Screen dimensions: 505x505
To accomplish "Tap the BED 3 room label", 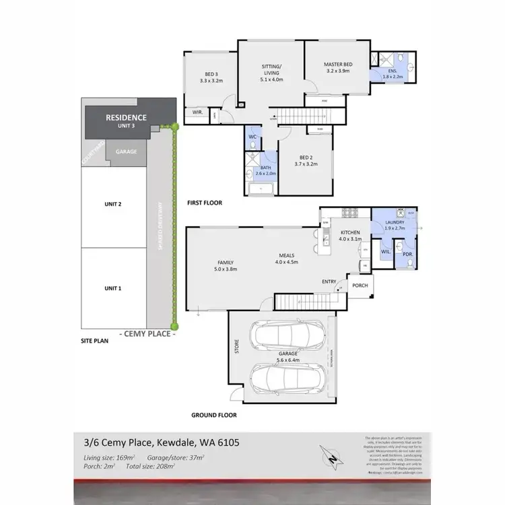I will click(x=211, y=75).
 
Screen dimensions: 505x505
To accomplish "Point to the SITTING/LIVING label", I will click(x=273, y=71).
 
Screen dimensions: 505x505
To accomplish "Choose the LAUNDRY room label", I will click(x=394, y=223).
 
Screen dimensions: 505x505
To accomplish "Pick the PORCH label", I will click(x=360, y=283).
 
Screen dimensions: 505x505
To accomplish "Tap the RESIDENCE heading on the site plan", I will click(x=126, y=117).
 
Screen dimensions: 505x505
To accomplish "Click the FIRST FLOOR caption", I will click(x=204, y=202).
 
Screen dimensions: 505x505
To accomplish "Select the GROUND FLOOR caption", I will click(x=214, y=415).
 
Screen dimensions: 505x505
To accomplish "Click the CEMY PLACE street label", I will click(x=147, y=332).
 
